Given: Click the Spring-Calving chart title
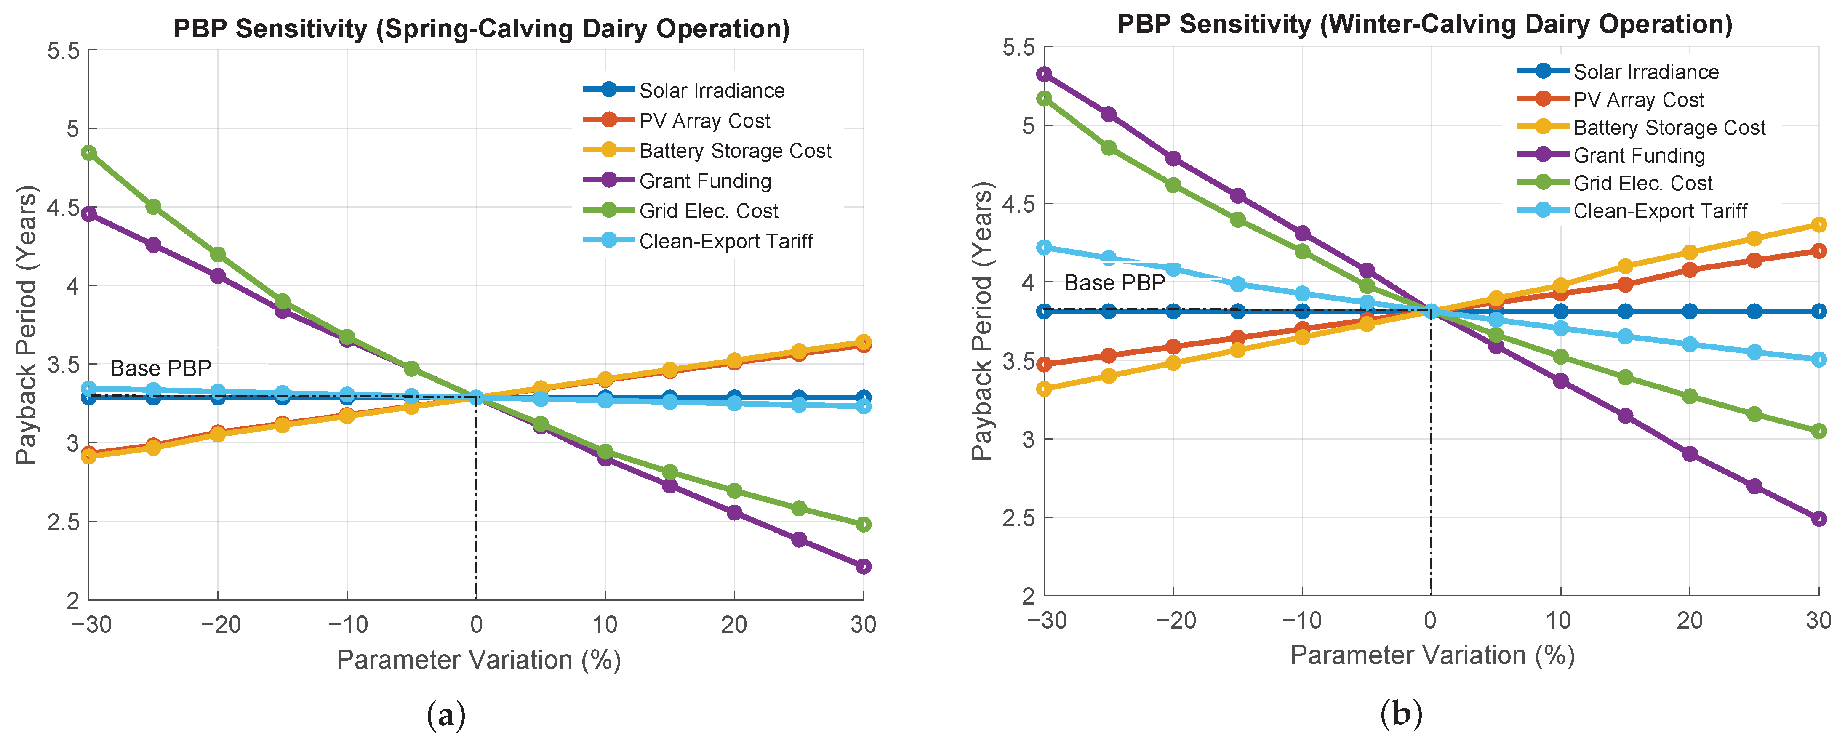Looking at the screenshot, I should pos(481,29).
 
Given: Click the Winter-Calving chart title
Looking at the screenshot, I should pos(1424,24).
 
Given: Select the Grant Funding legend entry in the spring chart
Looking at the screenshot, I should pos(705,181).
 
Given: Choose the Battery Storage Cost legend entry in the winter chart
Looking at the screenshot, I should pos(1669,128).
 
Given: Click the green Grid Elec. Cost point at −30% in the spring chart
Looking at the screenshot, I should pos(89,152).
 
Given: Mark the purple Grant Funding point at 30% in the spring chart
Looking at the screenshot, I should pos(863,566).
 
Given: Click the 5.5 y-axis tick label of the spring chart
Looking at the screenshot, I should pos(63,51).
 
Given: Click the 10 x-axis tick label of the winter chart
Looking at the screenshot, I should pos(1559,620).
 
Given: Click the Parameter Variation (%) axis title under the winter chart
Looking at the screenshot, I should pos(1432,655).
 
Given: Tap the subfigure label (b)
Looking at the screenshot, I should pos(1401,713).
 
